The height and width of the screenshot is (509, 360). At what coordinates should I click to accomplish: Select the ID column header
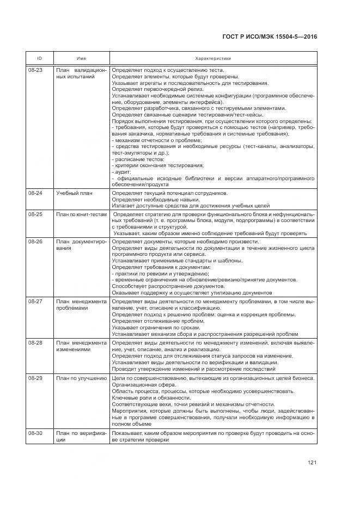[x=39, y=58]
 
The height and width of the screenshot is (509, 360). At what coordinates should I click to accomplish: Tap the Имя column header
[x=81, y=58]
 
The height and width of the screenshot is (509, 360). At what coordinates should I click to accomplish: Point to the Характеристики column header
[x=213, y=58]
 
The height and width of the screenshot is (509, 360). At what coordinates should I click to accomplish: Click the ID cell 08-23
[x=35, y=70]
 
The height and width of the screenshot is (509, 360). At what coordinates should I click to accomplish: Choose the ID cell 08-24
[x=35, y=193]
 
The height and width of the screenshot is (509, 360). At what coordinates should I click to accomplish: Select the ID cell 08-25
[x=35, y=214]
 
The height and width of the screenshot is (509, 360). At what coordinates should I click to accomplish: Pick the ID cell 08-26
[x=35, y=242]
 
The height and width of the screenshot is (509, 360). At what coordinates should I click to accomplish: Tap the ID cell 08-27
[x=35, y=301]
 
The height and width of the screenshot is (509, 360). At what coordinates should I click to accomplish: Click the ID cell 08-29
[x=35, y=378]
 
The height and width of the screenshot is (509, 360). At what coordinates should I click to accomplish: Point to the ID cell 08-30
[x=35, y=433]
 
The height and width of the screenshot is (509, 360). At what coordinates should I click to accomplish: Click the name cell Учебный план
[x=74, y=193]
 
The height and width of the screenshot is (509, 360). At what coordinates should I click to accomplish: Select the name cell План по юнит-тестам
[x=81, y=214]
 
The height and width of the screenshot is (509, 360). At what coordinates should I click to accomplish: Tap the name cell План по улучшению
[x=81, y=378]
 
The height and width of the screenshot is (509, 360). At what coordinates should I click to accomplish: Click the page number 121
[x=312, y=463]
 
